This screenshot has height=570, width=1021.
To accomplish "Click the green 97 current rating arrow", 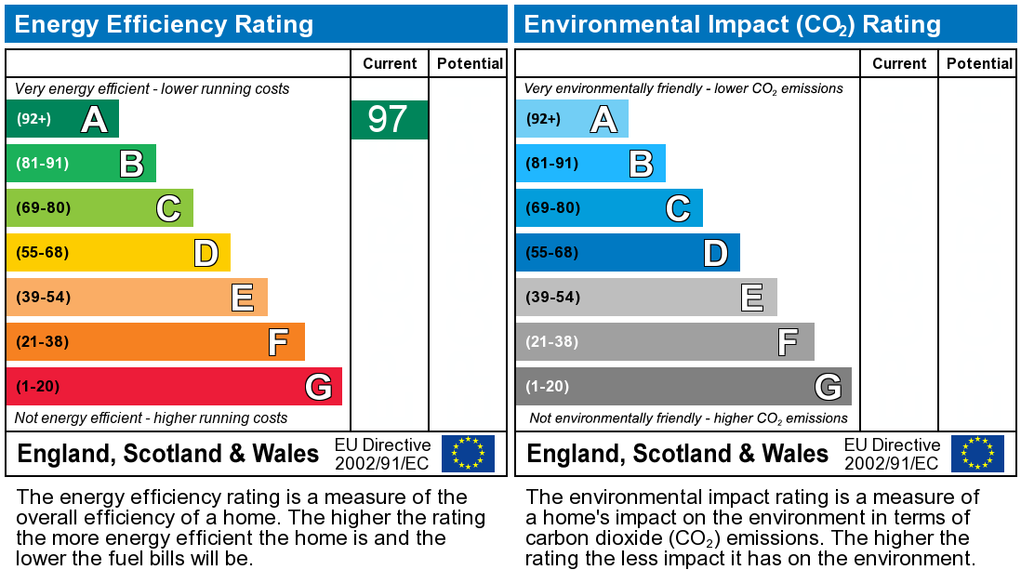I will coord(389,120).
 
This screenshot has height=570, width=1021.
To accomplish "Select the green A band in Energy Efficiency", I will coord(62,119).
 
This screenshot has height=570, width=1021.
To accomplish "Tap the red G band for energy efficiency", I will coord(174,386).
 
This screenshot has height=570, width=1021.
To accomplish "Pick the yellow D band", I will coord(118,252).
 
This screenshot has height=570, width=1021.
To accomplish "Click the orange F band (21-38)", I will coord(155,341).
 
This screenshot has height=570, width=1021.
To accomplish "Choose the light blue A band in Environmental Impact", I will coord(572,119).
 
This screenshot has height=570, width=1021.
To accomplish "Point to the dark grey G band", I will coord(683,386).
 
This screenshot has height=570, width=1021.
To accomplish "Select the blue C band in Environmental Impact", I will coord(609,207).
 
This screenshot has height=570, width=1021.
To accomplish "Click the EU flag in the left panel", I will coord(468,453).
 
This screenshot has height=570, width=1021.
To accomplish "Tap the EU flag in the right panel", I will coord(977,453).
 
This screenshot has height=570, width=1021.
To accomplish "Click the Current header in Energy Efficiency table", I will coord(390,63).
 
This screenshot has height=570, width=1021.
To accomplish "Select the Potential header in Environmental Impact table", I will coord(979,63).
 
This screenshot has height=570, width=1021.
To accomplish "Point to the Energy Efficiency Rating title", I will coord(164,24).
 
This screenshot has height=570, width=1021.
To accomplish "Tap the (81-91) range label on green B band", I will coord(43,164).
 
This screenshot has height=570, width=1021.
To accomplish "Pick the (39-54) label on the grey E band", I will coord(552,298).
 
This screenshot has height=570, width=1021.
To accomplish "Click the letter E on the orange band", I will coord(242,298).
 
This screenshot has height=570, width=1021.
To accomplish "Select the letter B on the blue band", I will coord(641,164).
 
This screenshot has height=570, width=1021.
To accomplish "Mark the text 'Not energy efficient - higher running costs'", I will coord(152,418).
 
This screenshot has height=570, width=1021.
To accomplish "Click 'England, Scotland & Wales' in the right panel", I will coord(678,454).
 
